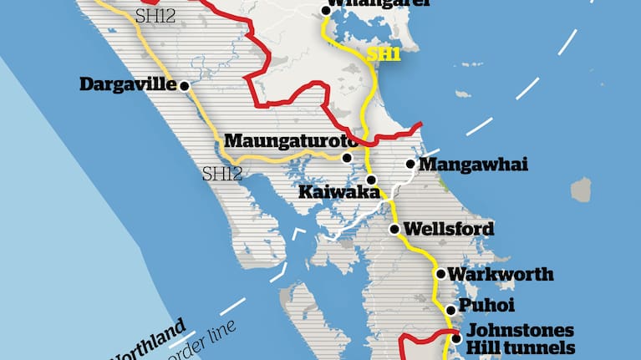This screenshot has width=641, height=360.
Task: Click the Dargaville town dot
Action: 183,85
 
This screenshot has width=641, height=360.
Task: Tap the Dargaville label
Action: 128,84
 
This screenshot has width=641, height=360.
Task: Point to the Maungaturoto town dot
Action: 347,156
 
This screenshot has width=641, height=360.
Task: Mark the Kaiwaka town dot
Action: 371,180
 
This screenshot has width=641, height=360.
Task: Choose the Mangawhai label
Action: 474,165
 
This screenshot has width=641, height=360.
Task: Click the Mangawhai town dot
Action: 410,165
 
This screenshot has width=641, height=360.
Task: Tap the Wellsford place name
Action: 449,228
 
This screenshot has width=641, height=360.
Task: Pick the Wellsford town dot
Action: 394,228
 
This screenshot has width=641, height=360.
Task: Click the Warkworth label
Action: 489,274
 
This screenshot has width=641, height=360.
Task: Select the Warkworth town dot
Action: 438,273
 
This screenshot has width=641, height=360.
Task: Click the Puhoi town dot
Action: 450,310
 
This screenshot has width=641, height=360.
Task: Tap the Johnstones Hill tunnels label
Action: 520,339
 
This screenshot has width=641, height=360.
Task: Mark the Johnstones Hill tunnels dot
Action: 456,339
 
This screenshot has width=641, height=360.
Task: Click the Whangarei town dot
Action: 325,11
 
